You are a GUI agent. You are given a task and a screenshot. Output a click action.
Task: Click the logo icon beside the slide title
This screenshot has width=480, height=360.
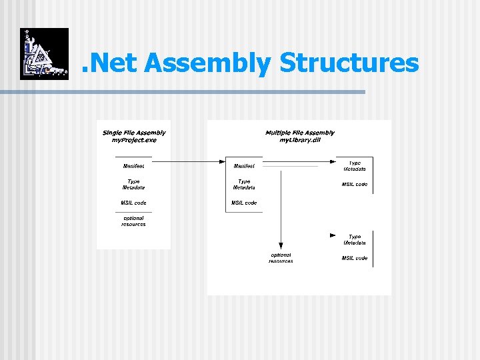[44, 54]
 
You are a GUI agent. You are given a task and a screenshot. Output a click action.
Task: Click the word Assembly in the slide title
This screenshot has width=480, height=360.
[207, 63]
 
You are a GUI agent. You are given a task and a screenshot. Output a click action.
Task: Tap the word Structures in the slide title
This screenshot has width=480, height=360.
[349, 63]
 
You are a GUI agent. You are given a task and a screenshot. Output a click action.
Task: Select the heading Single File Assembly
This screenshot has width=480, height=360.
[134, 133]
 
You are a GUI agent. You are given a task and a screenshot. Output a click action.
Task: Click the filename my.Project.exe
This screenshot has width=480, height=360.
[134, 140]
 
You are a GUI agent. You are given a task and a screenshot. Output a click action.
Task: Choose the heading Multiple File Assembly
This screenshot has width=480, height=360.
[300, 133]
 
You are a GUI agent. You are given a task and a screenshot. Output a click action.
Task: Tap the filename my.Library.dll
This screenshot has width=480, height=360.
[300, 140]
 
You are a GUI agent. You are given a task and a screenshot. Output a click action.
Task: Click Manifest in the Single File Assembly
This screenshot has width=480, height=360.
[133, 165]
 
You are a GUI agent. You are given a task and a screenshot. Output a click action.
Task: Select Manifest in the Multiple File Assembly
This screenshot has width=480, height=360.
[244, 165]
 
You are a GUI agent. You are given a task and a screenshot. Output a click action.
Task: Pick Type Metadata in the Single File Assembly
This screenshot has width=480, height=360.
[133, 184]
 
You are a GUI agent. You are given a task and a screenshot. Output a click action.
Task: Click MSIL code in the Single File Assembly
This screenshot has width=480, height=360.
[133, 203]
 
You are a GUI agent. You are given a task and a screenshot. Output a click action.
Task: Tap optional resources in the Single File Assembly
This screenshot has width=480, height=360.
[133, 221]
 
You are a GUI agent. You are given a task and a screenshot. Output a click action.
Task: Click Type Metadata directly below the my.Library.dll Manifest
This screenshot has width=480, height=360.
[244, 184]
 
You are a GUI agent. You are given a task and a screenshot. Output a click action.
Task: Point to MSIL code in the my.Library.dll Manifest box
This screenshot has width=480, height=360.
[244, 203]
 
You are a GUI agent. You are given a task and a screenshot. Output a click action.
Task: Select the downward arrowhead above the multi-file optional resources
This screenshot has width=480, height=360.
[281, 247]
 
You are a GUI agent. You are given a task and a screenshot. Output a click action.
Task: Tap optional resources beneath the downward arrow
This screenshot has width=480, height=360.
[281, 257]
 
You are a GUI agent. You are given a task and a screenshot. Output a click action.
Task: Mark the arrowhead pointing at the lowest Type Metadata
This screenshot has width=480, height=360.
[333, 235]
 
